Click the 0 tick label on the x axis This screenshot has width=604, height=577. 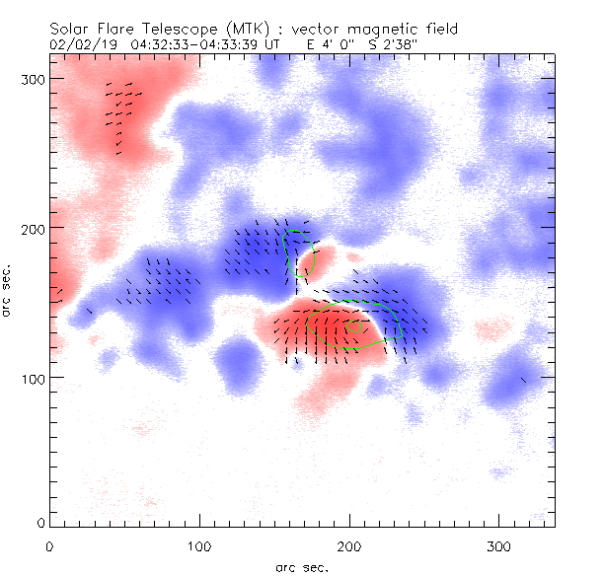tap(49, 545)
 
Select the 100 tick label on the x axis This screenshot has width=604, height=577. tap(199, 545)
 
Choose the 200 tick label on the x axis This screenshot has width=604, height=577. tap(349, 545)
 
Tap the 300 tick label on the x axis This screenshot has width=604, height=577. tap(499, 545)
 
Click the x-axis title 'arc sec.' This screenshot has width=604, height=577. tap(301, 565)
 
